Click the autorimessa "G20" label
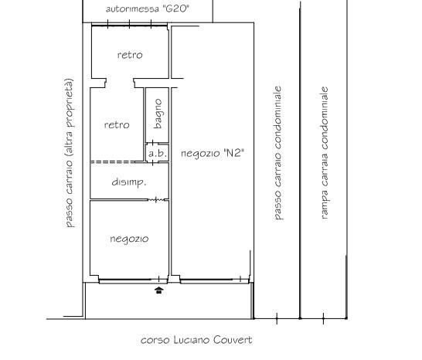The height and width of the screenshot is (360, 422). coord(147,8)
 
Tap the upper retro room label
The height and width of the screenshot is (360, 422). coord(130,55)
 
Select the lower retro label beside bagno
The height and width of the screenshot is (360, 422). coord(117,124)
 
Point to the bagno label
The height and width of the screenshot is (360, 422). coord(158,114)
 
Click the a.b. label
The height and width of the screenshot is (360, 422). coord(158,154)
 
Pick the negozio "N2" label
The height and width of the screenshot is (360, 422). coord(213,154)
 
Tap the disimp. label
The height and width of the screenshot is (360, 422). coord(129,182)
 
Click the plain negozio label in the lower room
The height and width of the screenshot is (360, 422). coord(129,239)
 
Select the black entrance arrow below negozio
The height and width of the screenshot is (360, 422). coord(159,290)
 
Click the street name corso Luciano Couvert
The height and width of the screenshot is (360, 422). coord(196,340)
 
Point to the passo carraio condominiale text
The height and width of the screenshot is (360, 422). coord(277,153)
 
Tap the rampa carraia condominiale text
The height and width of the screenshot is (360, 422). coord(325,153)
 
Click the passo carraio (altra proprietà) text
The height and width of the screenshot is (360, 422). coord(69,153)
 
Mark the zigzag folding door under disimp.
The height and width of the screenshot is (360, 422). coord(156,199)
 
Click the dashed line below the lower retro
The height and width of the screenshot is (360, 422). coord(113,162)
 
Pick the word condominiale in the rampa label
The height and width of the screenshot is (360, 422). coord(325,118)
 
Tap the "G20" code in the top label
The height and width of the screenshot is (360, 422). coord(175,8)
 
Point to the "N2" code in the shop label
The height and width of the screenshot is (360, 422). coord(233,153)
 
